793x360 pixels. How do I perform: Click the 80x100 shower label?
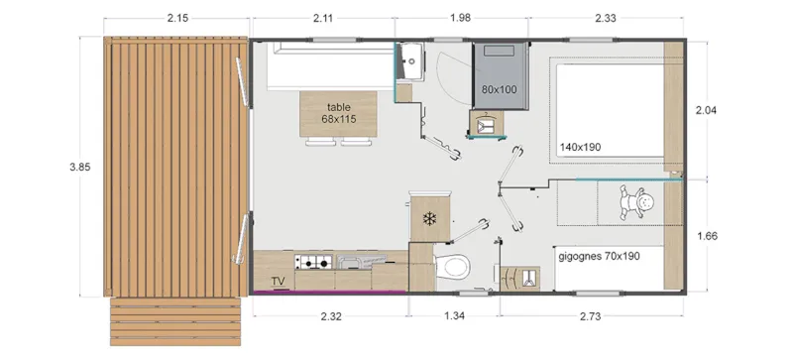point(499,89)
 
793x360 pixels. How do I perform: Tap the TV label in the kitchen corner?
point(279,282)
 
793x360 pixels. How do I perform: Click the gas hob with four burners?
point(314,263)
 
